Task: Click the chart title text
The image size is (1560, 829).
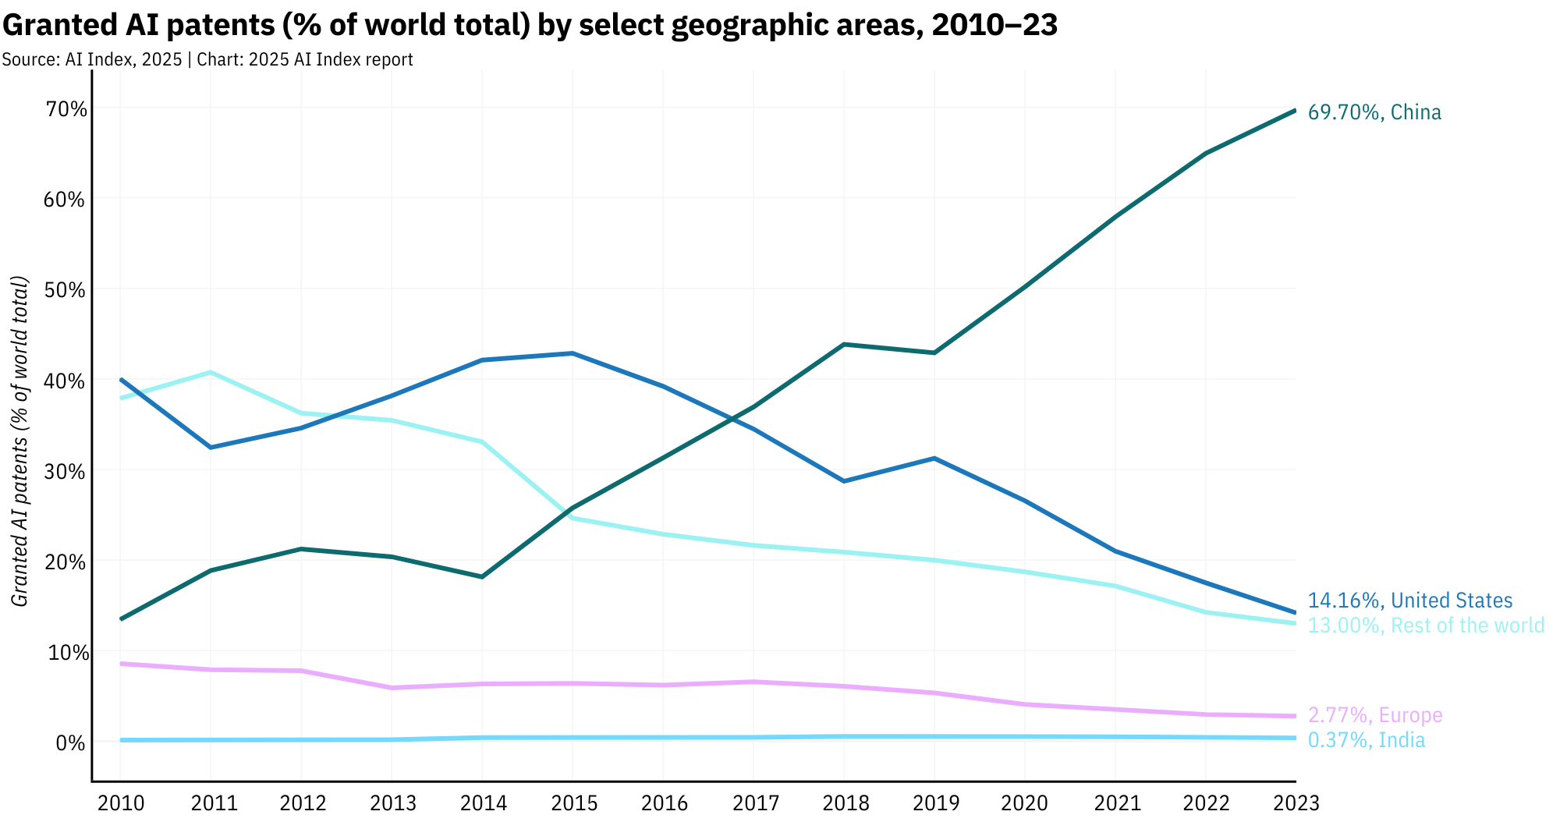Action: click(x=530, y=26)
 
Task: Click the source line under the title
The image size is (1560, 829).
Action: click(x=207, y=59)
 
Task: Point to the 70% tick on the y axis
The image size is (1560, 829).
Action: click(x=66, y=109)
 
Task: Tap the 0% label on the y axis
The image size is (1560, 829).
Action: click(x=70, y=742)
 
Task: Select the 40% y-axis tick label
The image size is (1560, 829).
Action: click(x=66, y=381)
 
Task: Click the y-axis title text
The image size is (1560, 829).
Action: click(x=21, y=441)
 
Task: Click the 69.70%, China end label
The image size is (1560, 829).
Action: click(x=1374, y=112)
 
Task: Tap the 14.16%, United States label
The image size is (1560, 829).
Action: click(x=1409, y=600)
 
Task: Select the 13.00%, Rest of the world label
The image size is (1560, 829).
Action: click(x=1426, y=625)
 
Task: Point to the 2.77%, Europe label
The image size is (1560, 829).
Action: click(x=1375, y=715)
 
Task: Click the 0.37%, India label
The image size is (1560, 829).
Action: click(x=1366, y=740)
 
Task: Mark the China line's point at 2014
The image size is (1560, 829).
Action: click(x=482, y=576)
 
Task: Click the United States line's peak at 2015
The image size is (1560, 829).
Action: click(x=573, y=353)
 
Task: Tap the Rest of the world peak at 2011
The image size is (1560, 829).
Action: click(x=211, y=372)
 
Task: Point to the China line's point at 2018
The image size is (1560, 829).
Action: click(x=844, y=344)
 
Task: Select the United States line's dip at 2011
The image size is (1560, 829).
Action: click(x=211, y=447)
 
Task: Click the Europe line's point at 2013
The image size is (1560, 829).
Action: click(x=392, y=687)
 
